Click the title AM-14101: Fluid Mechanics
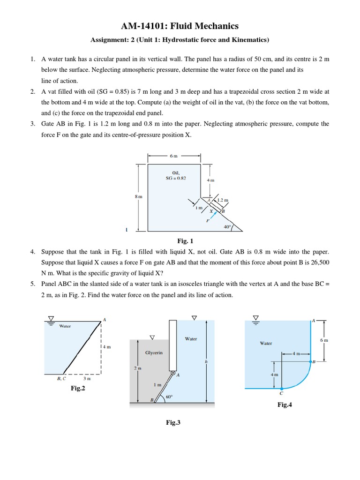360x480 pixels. [180, 26]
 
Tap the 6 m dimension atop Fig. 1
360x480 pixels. [174, 156]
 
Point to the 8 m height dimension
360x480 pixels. [138, 197]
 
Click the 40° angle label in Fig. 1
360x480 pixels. [227, 226]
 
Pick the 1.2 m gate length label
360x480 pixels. [223, 200]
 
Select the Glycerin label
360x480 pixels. [154, 352]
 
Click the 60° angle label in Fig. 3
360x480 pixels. [169, 397]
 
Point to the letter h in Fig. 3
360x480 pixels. [206, 361]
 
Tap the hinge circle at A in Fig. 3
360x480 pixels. [173, 374]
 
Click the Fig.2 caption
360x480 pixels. [78, 388]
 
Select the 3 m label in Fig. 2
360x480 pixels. [87, 378]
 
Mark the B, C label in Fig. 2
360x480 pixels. [61, 378]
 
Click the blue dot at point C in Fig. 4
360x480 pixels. [281, 389]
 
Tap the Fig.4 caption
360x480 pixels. [285, 405]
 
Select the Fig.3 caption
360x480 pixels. [173, 422]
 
